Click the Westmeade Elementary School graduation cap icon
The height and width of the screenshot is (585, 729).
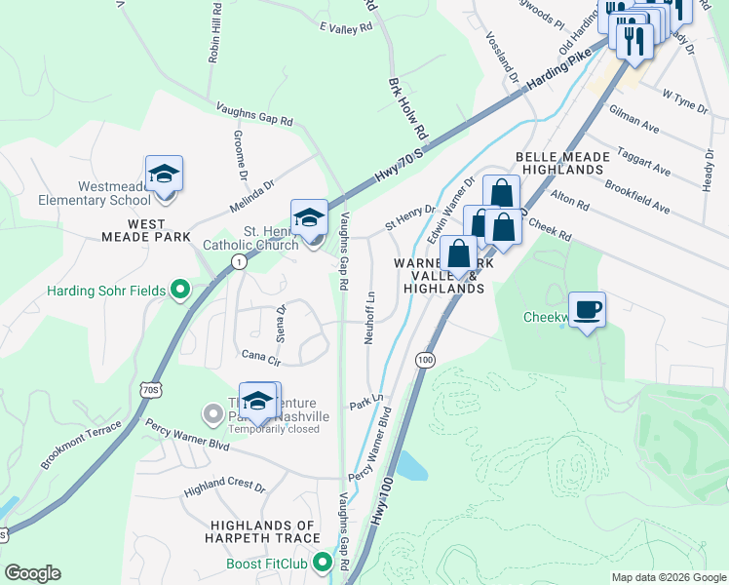165,175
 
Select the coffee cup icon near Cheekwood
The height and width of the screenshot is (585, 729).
587,310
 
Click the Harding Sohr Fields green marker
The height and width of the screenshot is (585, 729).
179,289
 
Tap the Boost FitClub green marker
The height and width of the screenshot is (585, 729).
344,564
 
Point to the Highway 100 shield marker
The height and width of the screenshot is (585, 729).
424,360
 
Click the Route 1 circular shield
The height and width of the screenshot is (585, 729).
238,261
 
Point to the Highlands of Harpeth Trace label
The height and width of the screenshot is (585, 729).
264,531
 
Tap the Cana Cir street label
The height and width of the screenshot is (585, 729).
260,358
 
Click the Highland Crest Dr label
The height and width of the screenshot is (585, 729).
226,485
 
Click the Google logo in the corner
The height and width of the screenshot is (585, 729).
32,573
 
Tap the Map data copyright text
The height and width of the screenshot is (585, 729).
668,577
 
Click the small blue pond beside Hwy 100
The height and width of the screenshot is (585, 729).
411,467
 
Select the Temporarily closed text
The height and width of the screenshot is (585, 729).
274,429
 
